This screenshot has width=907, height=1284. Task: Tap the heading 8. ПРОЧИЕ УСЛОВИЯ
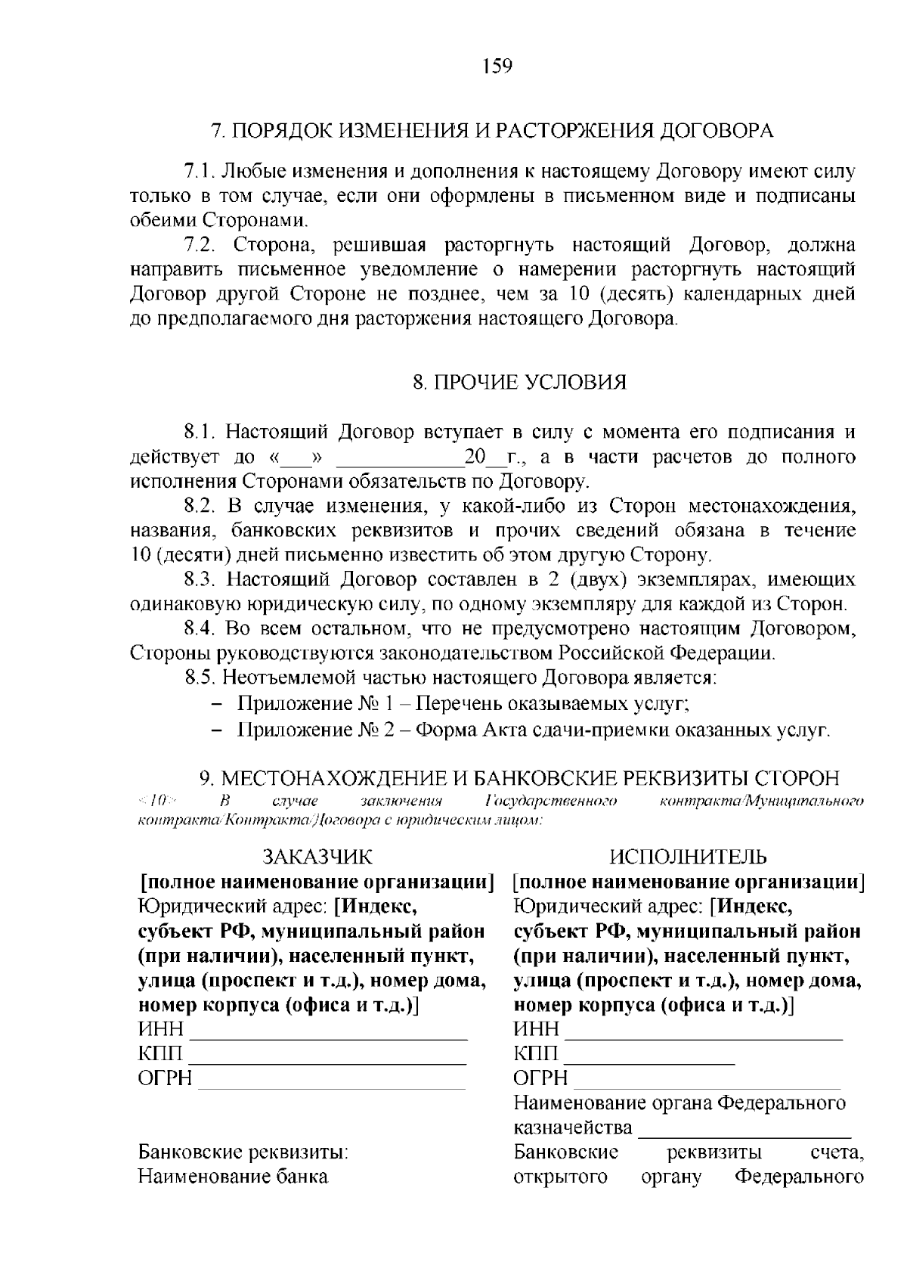pos(519,382)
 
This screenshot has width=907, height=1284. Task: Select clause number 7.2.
pos(201,245)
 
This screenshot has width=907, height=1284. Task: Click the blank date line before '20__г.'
pos(398,459)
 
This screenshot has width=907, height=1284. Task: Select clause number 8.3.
pos(201,580)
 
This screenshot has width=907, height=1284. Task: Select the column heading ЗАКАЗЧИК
pos(317,856)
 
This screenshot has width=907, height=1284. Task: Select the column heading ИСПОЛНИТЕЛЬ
pos(688,856)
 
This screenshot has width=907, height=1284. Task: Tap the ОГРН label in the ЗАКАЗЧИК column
pos(164,1078)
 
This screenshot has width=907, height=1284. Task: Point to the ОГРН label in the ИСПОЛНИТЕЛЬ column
pos(540,1078)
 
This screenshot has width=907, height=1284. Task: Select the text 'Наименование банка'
pos(233,1177)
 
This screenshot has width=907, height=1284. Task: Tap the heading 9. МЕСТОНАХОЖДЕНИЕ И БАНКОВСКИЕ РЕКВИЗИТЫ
pos(519,779)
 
